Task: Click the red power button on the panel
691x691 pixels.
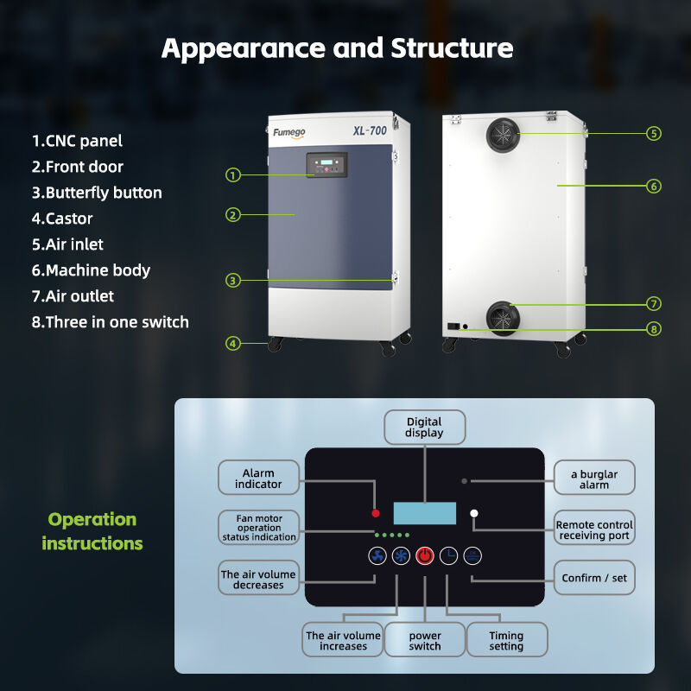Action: (x=425, y=556)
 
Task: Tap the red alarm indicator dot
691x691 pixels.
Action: (x=376, y=512)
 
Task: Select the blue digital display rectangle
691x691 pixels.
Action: (x=424, y=512)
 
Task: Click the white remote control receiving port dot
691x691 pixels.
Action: (x=473, y=514)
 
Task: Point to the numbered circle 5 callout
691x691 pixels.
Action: (x=654, y=133)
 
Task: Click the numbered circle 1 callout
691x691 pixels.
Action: (x=232, y=175)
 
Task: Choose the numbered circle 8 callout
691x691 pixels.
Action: (x=654, y=328)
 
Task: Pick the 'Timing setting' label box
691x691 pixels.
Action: (x=506, y=640)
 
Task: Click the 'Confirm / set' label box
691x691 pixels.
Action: (x=594, y=578)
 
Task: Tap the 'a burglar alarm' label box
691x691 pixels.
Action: (x=594, y=479)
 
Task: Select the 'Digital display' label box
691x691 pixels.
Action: (x=424, y=427)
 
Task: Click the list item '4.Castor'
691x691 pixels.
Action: (x=62, y=219)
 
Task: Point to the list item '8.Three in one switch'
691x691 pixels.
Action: (x=111, y=322)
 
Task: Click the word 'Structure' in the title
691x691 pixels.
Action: (x=452, y=48)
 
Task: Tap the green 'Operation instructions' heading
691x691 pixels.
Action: (x=92, y=531)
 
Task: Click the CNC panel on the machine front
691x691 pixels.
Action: (x=326, y=165)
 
